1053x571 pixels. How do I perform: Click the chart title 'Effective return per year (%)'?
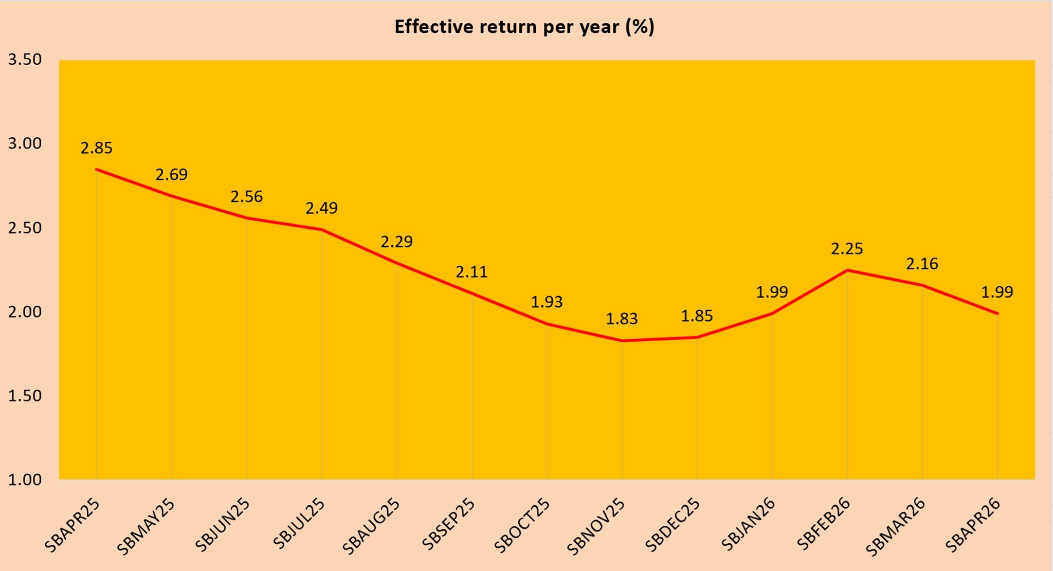pyautogui.click(x=524, y=27)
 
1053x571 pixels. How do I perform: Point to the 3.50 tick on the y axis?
pyautogui.click(x=25, y=60)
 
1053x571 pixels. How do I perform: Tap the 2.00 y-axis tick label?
pyautogui.click(x=25, y=312)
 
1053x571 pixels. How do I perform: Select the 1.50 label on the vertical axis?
pyautogui.click(x=25, y=396)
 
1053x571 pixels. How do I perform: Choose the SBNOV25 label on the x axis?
pyautogui.click(x=596, y=526)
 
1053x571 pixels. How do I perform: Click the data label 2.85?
pyautogui.click(x=96, y=148)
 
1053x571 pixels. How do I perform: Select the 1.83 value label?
pyautogui.click(x=622, y=319)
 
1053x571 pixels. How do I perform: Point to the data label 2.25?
pyautogui.click(x=847, y=249)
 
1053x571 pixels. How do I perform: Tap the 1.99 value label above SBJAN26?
pyautogui.click(x=772, y=292)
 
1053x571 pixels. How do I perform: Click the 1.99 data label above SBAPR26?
pyautogui.click(x=997, y=292)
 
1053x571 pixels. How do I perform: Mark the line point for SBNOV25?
pyautogui.click(x=622, y=341)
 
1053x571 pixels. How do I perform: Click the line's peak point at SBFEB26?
pyautogui.click(x=847, y=270)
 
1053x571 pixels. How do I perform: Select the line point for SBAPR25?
pyautogui.click(x=97, y=169)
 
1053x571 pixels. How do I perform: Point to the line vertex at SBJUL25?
pyautogui.click(x=322, y=230)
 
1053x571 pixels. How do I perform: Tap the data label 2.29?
pyautogui.click(x=396, y=242)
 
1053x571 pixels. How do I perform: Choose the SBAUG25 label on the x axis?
pyautogui.click(x=371, y=526)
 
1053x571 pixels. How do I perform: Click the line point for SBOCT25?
pyautogui.click(x=547, y=324)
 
